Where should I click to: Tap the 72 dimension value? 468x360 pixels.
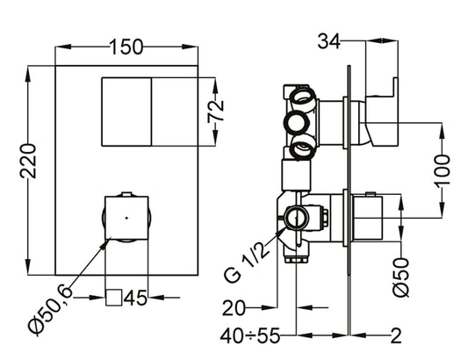pyautogui.click(x=218, y=110)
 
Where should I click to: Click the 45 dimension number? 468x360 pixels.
pyautogui.click(x=135, y=299)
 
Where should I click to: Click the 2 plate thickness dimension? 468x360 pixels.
pyautogui.click(x=398, y=335)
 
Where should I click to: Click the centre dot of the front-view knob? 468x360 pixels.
pyautogui.click(x=126, y=215)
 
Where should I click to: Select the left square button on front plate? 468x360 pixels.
pyautogui.click(x=126, y=112)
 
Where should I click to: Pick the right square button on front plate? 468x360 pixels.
pyautogui.click(x=177, y=112)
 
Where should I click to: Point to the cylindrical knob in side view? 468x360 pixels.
pyautogui.click(x=368, y=217)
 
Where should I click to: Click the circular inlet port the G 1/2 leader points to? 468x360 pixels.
pyautogui.click(x=298, y=216)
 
